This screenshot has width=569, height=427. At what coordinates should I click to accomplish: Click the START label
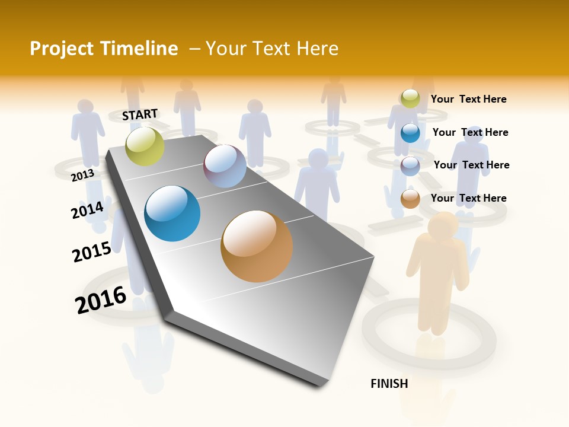pos(140,114)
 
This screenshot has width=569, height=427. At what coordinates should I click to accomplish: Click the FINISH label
pos(389,384)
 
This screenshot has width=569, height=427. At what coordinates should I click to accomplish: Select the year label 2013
pos(82,175)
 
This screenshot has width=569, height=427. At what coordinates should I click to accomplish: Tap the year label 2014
pos(87,210)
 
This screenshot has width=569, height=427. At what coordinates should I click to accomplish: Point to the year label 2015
pos(92,252)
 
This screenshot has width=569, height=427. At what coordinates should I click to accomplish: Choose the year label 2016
pos(101,299)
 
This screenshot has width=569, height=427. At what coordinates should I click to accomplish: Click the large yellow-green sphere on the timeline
pos(145,146)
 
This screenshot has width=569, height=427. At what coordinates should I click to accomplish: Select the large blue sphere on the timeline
pos(172,213)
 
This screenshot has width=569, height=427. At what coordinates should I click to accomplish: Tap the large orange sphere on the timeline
pos(257,246)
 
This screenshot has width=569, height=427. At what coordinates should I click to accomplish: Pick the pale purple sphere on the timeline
pos(225,166)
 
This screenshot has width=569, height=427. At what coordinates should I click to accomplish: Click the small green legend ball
pos(410,98)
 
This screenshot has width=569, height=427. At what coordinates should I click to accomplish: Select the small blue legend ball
pos(410,132)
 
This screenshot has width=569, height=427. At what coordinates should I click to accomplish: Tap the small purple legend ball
pos(410,165)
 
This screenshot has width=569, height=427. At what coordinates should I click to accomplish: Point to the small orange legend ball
pos(410,198)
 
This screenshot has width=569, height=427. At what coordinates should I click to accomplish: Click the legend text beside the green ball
pos(468,99)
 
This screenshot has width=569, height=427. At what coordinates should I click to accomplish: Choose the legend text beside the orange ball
pos(468,198)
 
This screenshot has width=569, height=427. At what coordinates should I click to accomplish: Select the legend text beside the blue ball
pos(470,132)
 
